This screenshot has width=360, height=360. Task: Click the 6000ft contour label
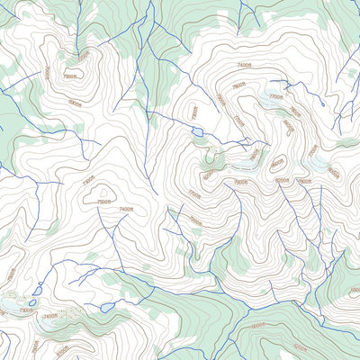[257, 325]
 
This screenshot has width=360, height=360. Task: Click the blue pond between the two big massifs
[195, 132]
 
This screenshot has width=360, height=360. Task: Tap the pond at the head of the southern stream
[107, 307]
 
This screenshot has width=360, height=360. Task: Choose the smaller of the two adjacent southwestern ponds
[33, 302]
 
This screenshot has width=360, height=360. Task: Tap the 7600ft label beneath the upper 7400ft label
[238, 87]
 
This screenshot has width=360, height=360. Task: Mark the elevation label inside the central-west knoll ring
[104, 202]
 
